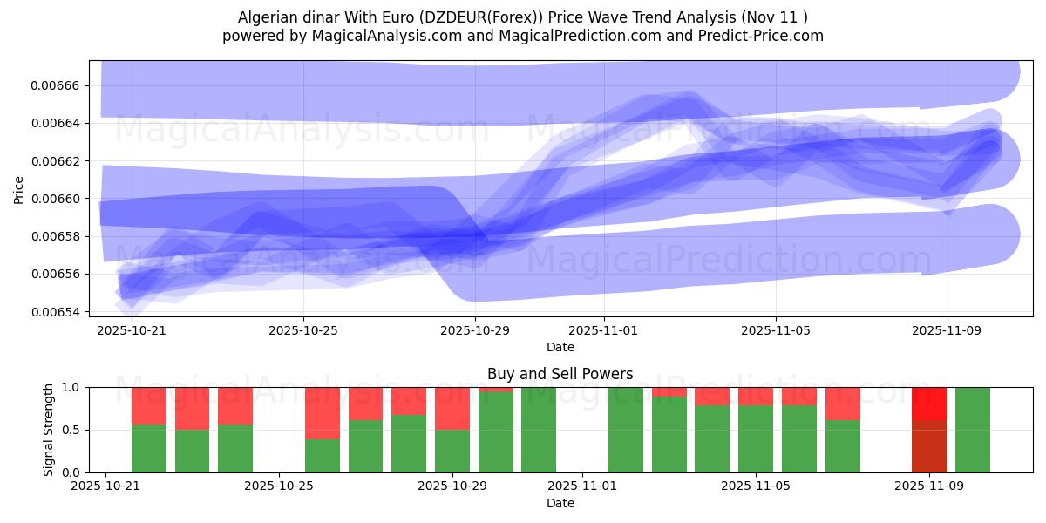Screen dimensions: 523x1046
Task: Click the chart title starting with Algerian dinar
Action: [522, 17]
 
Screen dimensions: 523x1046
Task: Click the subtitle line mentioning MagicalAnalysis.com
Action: [522, 36]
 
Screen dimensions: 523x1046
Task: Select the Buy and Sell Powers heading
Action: [560, 375]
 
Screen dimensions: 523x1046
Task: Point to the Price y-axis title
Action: [19, 188]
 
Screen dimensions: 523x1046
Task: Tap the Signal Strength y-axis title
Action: [49, 429]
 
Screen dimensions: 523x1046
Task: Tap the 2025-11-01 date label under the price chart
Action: [603, 331]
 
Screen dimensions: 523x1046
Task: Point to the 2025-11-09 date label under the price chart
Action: [948, 331]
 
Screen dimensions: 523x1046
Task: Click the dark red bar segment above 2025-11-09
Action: [929, 446]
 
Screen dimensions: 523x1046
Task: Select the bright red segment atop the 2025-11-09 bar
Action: [929, 404]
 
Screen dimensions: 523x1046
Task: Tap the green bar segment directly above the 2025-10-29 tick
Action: [452, 451]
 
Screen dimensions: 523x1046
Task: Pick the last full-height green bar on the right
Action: [972, 430]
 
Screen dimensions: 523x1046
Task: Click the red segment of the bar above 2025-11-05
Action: [756, 397]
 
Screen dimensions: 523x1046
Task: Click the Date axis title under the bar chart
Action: [560, 504]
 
